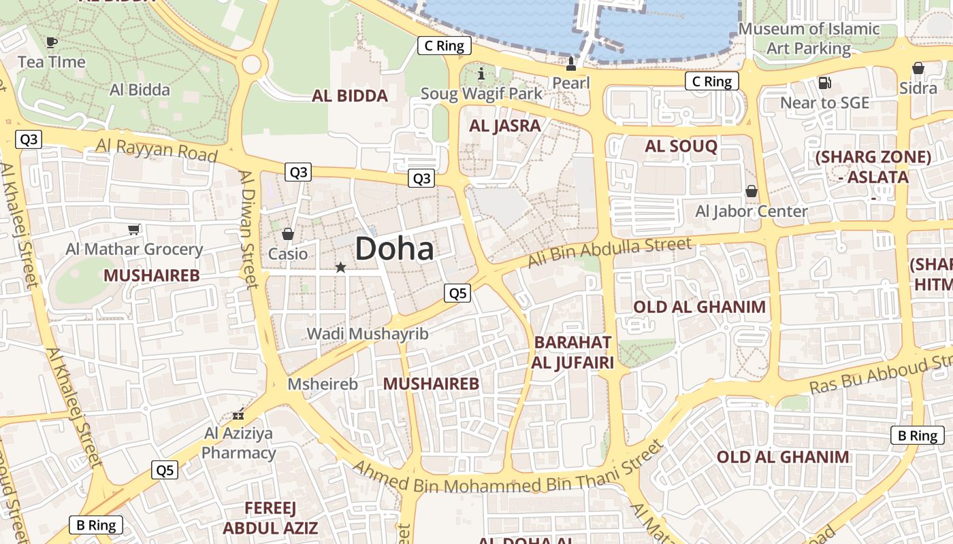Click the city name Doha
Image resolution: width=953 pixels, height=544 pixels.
coord(394,249)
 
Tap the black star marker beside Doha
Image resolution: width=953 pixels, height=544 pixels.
coord(340,268)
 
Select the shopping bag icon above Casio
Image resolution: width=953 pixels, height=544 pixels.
coord(288,234)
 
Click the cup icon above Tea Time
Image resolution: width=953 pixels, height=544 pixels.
coord(51,42)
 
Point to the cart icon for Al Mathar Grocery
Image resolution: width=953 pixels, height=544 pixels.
coord(134,230)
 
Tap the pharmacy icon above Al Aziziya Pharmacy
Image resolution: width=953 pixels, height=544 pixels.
coord(238,413)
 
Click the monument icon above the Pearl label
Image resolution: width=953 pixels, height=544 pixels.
coord(571,64)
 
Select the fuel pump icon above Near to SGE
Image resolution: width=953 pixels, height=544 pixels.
coord(824,83)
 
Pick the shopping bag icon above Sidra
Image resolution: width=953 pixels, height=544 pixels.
coord(918,68)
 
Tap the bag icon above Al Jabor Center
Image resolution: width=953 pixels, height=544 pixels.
coord(752,191)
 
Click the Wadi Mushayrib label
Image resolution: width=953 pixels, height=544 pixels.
coord(368,334)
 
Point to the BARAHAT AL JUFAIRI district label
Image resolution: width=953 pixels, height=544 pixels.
coord(572,352)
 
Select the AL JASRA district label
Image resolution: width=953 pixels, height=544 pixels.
coord(505,126)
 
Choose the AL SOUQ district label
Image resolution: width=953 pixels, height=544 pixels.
coord(681,146)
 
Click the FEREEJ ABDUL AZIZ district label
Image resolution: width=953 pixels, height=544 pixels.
coord(270,518)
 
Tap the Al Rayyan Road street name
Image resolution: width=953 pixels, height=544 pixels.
coord(157,149)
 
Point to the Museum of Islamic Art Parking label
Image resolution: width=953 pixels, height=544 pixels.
coord(809,39)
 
